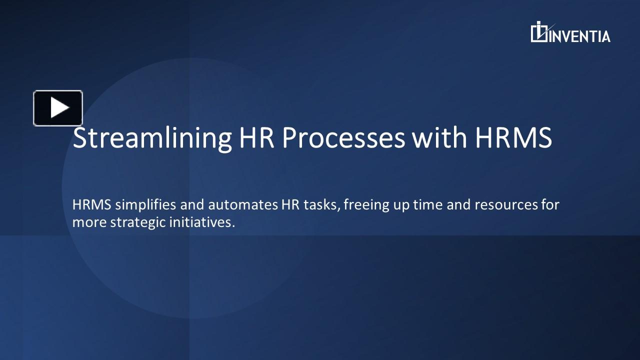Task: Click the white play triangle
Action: pyautogui.click(x=59, y=107)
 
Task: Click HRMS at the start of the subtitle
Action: pyautogui.click(x=91, y=205)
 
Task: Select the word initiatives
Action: pyautogui.click(x=202, y=222)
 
